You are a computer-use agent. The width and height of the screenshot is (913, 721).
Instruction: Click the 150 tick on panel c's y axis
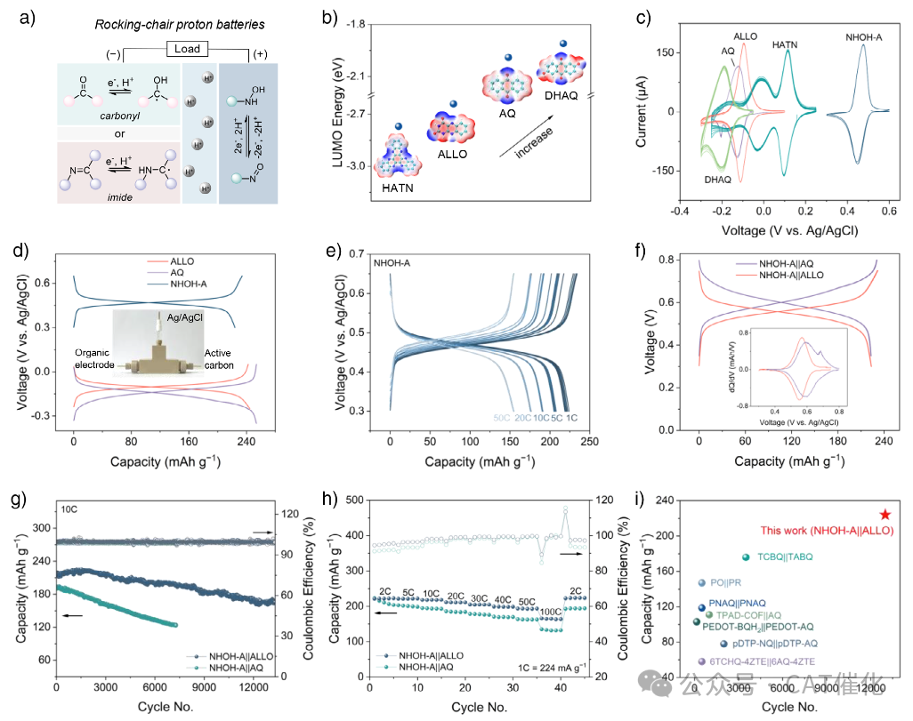click(x=664, y=52)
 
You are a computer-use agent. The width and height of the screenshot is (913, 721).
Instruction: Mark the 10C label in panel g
click(x=70, y=509)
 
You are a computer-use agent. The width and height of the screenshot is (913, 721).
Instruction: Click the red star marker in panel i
click(x=885, y=515)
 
